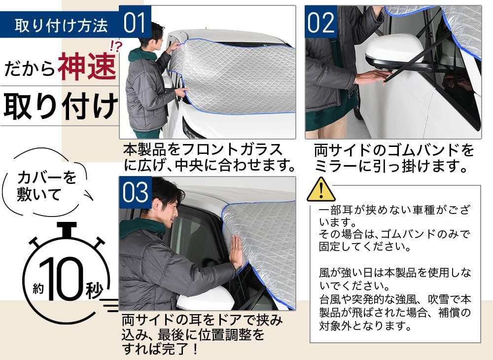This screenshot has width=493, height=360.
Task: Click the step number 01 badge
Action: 135,22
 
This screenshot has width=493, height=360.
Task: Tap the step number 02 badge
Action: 321,22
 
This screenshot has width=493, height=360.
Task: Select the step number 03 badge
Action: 135,192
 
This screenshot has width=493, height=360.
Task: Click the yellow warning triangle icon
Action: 321,189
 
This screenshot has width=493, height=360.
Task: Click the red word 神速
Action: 87,67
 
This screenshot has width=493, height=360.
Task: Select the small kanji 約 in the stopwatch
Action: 38,288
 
